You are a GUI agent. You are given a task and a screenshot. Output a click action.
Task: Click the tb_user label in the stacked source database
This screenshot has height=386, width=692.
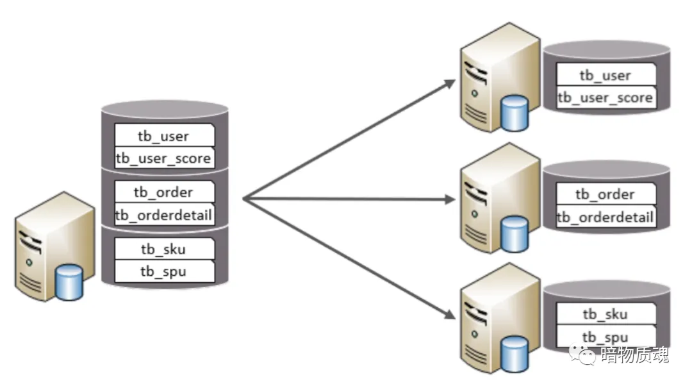165,136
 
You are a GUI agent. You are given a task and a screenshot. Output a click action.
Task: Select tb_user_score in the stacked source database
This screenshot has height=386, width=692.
163,157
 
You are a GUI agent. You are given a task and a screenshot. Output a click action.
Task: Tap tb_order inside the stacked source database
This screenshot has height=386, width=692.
163,192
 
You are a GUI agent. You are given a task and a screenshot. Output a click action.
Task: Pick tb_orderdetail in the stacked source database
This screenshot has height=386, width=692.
163,215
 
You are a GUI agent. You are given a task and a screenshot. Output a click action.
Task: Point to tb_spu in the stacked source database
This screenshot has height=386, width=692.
163,271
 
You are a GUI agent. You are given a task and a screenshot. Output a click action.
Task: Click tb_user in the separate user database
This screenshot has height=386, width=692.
605,75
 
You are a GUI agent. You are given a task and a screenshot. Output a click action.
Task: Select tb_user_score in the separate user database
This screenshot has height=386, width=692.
605,97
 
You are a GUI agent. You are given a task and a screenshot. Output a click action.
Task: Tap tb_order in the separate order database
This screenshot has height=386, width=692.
605,194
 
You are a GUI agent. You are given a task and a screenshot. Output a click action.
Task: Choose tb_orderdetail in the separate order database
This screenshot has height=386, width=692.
605,217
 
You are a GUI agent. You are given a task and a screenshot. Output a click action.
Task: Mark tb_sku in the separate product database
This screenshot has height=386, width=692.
605,314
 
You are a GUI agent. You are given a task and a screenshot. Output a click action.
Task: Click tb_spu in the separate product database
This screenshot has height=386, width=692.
605,337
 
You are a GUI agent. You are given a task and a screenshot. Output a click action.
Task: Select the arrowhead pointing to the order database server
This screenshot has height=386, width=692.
450,200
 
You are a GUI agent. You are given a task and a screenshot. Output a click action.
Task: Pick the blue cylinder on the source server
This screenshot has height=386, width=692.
69,282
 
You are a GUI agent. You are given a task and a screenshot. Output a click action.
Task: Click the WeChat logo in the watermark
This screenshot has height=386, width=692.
586,355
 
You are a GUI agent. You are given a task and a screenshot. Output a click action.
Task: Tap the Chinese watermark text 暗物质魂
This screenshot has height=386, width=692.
634,355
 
